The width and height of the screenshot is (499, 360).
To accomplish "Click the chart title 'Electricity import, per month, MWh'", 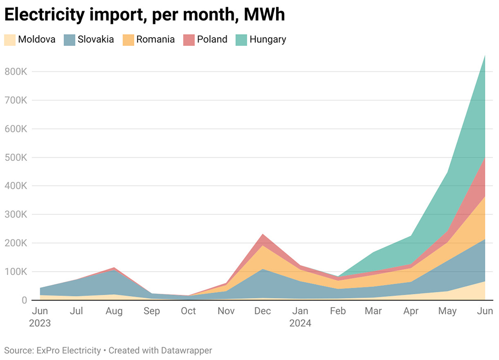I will point(145,15).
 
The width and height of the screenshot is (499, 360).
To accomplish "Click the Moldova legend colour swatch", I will point(10,40).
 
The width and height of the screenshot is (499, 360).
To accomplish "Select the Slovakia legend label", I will point(96,39).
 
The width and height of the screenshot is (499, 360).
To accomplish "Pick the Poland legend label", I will point(212,39).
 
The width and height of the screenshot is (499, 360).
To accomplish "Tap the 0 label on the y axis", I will point(23,300).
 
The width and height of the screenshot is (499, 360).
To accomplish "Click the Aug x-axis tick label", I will point(114,311).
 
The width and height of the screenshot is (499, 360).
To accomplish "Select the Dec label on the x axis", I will point(263,311).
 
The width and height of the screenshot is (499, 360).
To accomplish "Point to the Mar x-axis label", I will point(374,311).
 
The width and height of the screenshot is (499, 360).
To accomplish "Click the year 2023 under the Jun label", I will point(41,323).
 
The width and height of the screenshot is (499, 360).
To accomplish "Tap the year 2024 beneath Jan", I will point(300,323).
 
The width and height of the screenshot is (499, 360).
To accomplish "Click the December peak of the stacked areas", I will point(263,235).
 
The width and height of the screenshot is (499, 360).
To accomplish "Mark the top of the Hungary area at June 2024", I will point(485,56).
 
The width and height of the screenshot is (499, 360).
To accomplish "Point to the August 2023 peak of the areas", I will point(114,268).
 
